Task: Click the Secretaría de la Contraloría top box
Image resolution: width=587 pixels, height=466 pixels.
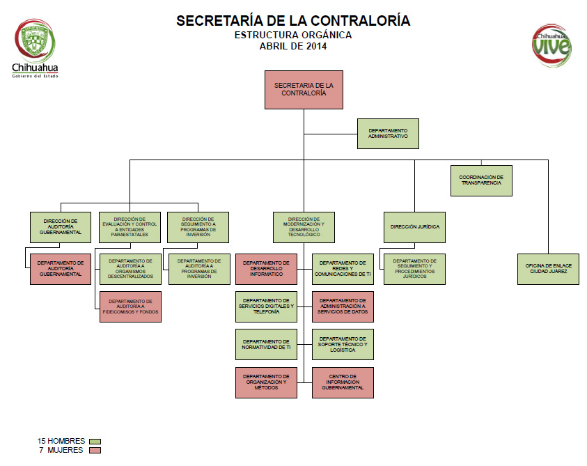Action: point(304,89)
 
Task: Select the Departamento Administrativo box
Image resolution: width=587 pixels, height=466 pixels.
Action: point(388,134)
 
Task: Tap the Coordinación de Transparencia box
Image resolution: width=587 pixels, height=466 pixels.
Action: point(481,180)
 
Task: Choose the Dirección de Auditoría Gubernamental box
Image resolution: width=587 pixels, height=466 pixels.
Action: point(61,227)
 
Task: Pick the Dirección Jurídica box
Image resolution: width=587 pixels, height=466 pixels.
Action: point(414,227)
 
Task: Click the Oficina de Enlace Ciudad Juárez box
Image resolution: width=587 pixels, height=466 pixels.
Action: point(547,269)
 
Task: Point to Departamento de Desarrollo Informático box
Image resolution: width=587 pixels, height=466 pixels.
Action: point(266,269)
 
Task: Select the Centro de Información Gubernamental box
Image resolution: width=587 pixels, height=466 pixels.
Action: point(343,382)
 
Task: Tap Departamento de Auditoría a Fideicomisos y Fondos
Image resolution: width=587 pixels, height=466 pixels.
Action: point(130,306)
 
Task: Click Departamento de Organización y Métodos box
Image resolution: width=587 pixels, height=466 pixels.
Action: point(266,382)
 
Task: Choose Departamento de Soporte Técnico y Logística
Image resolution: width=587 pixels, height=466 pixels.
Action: point(343,345)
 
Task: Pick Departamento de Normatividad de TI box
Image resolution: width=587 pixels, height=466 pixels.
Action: point(266,345)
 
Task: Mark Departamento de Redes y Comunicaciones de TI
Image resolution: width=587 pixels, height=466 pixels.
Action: point(343,269)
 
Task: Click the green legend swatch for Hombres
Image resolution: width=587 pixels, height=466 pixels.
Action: point(95,441)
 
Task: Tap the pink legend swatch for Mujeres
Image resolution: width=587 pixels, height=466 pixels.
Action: point(95,451)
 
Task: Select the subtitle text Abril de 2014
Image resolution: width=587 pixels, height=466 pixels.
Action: point(292,47)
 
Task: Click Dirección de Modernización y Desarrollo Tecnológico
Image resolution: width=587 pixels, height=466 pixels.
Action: point(304,227)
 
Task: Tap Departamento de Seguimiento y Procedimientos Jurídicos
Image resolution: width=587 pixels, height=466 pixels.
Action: point(414,269)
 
